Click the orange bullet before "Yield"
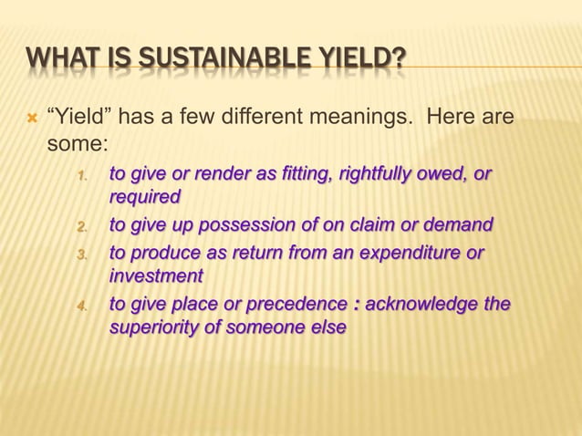click(x=29, y=118)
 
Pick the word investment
click(x=155, y=275)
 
